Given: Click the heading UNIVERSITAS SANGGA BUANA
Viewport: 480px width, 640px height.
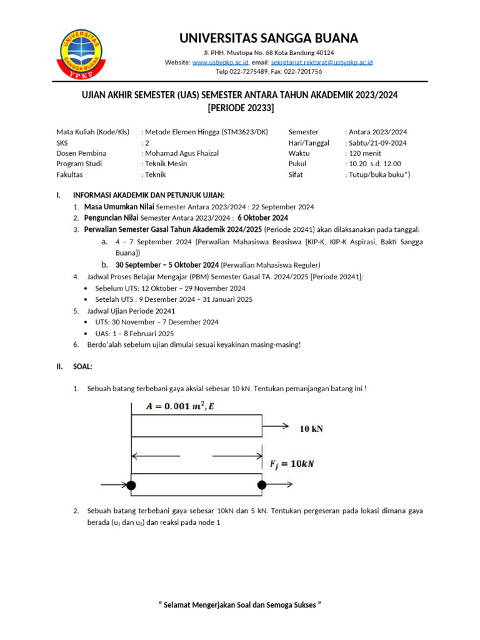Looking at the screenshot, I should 269,38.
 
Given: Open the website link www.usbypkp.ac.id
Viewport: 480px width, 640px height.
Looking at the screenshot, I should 221,62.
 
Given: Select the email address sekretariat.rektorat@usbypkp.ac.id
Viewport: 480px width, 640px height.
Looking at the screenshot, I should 322,62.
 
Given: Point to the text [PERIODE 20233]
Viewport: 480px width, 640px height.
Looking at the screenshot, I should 241,108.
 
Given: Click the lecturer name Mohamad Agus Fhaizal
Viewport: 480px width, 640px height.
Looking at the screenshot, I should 182,153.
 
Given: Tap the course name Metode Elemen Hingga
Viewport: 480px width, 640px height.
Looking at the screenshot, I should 182,132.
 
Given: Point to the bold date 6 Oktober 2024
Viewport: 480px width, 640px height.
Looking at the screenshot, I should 263,217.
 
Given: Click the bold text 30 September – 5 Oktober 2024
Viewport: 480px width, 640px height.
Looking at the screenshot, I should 167,265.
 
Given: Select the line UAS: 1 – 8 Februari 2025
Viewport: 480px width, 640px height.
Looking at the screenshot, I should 134,333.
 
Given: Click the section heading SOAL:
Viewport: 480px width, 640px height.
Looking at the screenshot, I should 82,366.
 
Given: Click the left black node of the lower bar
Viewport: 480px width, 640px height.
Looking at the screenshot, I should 131,485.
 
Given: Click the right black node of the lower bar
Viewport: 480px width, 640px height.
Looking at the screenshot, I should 262,485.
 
